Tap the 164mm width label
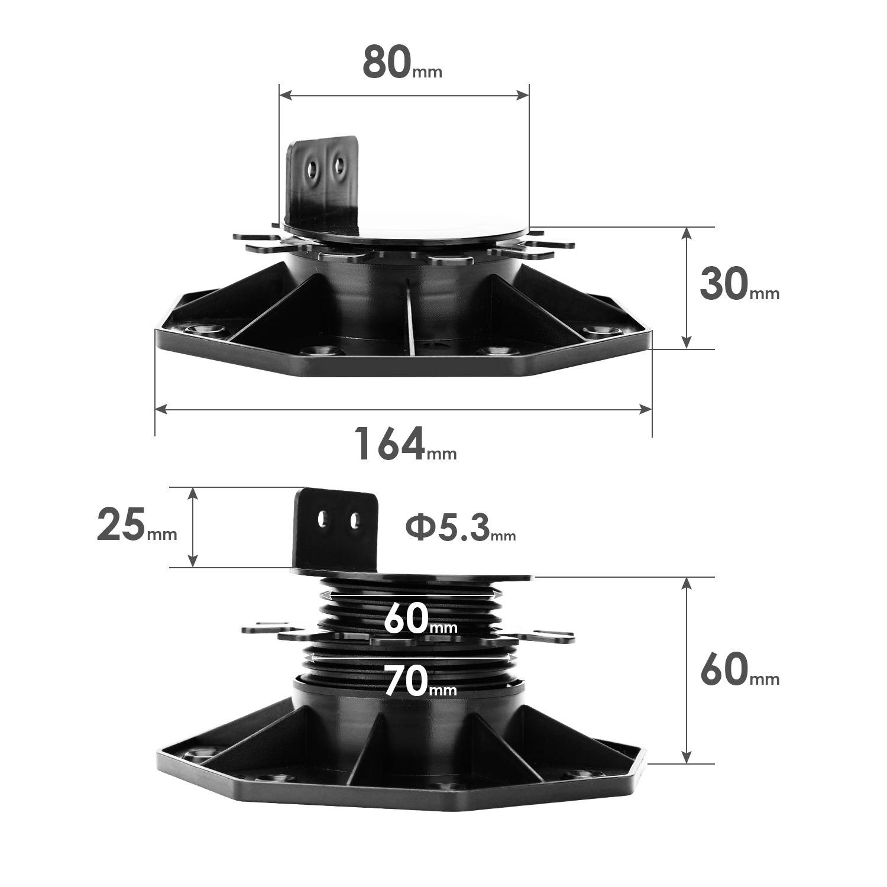405,444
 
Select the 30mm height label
739,284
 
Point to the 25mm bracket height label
137,526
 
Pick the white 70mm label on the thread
420,681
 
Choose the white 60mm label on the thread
420,619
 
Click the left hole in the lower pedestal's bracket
322,520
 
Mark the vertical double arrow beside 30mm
686,287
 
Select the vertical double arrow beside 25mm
192,527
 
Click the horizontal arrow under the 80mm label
404,95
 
